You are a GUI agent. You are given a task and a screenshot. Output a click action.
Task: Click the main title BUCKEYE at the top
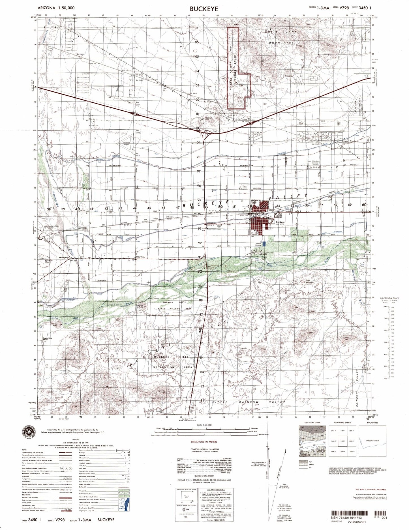pyautogui.click(x=204, y=9)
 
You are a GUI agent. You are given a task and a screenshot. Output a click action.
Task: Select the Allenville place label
pyautogui.click(x=255, y=254)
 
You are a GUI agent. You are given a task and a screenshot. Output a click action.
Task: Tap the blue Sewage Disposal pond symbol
pyautogui.click(x=264, y=244)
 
